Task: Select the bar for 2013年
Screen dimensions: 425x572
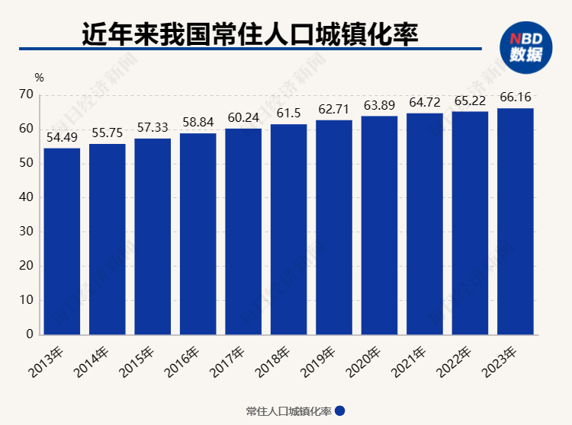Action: point(62,241)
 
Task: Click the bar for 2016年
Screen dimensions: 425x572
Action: point(198,233)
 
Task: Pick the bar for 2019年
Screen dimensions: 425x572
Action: point(334,227)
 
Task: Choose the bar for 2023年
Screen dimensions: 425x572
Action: point(516,221)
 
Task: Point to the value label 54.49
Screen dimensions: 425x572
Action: point(62,138)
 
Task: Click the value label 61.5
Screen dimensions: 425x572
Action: point(288,113)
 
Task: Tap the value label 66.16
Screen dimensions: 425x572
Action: point(516,98)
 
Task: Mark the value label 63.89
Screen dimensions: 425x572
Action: point(379,105)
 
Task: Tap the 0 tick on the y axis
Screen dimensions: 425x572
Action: point(30,334)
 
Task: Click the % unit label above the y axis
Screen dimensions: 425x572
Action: point(39,78)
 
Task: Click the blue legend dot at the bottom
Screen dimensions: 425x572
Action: point(340,411)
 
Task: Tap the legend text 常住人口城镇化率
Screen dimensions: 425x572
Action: point(288,411)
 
